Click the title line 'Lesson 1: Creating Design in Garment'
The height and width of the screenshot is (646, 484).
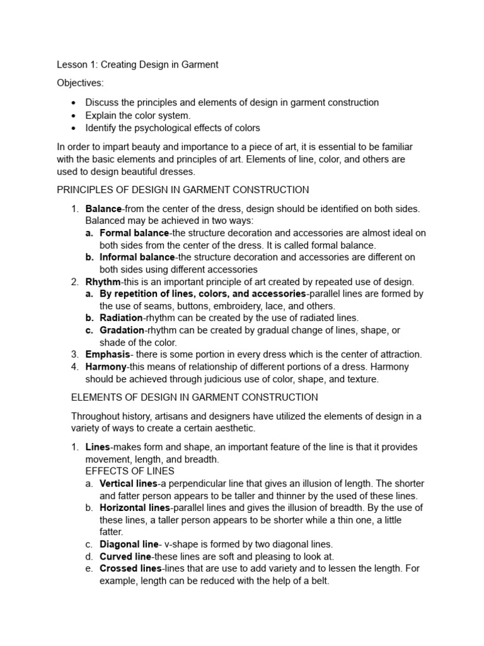(x=137, y=64)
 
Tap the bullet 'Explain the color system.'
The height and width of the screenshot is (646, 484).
(x=137, y=115)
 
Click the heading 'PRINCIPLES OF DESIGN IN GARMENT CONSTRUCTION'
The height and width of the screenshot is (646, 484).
(x=183, y=189)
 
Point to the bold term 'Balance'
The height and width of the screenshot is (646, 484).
(x=103, y=208)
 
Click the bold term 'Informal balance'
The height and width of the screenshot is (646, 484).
(x=137, y=257)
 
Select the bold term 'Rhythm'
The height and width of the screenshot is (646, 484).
(x=103, y=281)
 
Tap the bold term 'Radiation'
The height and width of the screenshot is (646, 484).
(x=120, y=318)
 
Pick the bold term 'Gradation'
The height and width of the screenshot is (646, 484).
(x=122, y=330)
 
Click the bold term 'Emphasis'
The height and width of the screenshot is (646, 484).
(x=108, y=355)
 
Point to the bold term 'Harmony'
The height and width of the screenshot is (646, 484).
(x=106, y=367)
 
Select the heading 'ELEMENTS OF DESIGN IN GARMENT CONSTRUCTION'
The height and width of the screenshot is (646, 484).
(x=194, y=397)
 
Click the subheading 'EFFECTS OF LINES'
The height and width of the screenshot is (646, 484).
(x=130, y=471)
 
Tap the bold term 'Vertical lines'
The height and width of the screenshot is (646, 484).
(x=129, y=483)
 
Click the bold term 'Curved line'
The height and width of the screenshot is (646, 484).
(x=125, y=556)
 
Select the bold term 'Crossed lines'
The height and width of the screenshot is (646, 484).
(x=130, y=568)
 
